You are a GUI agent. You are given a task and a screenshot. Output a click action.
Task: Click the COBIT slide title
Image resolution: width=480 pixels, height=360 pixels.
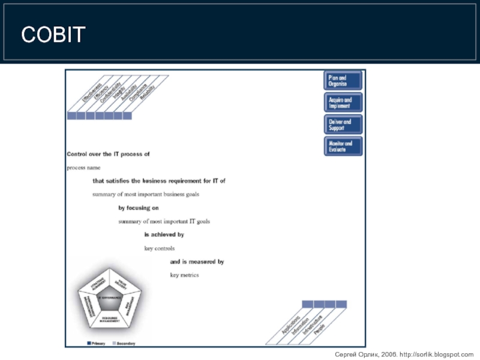click(53, 35)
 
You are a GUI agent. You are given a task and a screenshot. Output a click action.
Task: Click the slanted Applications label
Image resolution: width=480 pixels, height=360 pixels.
click(291, 323)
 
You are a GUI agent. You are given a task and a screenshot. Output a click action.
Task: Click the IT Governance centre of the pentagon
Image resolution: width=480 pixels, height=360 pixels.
click(109, 298)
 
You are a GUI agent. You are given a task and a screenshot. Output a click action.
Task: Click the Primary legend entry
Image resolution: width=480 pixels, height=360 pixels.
click(97, 343)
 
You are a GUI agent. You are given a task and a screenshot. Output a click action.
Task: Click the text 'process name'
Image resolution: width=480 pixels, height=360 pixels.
click(83, 167)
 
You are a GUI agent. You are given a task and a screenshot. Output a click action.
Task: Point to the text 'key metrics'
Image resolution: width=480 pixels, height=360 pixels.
click(184, 275)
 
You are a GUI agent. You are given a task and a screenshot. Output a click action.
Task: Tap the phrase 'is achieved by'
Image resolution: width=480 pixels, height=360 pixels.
click(164, 235)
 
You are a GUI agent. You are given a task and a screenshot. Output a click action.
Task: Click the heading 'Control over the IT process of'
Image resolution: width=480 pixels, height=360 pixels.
click(108, 154)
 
